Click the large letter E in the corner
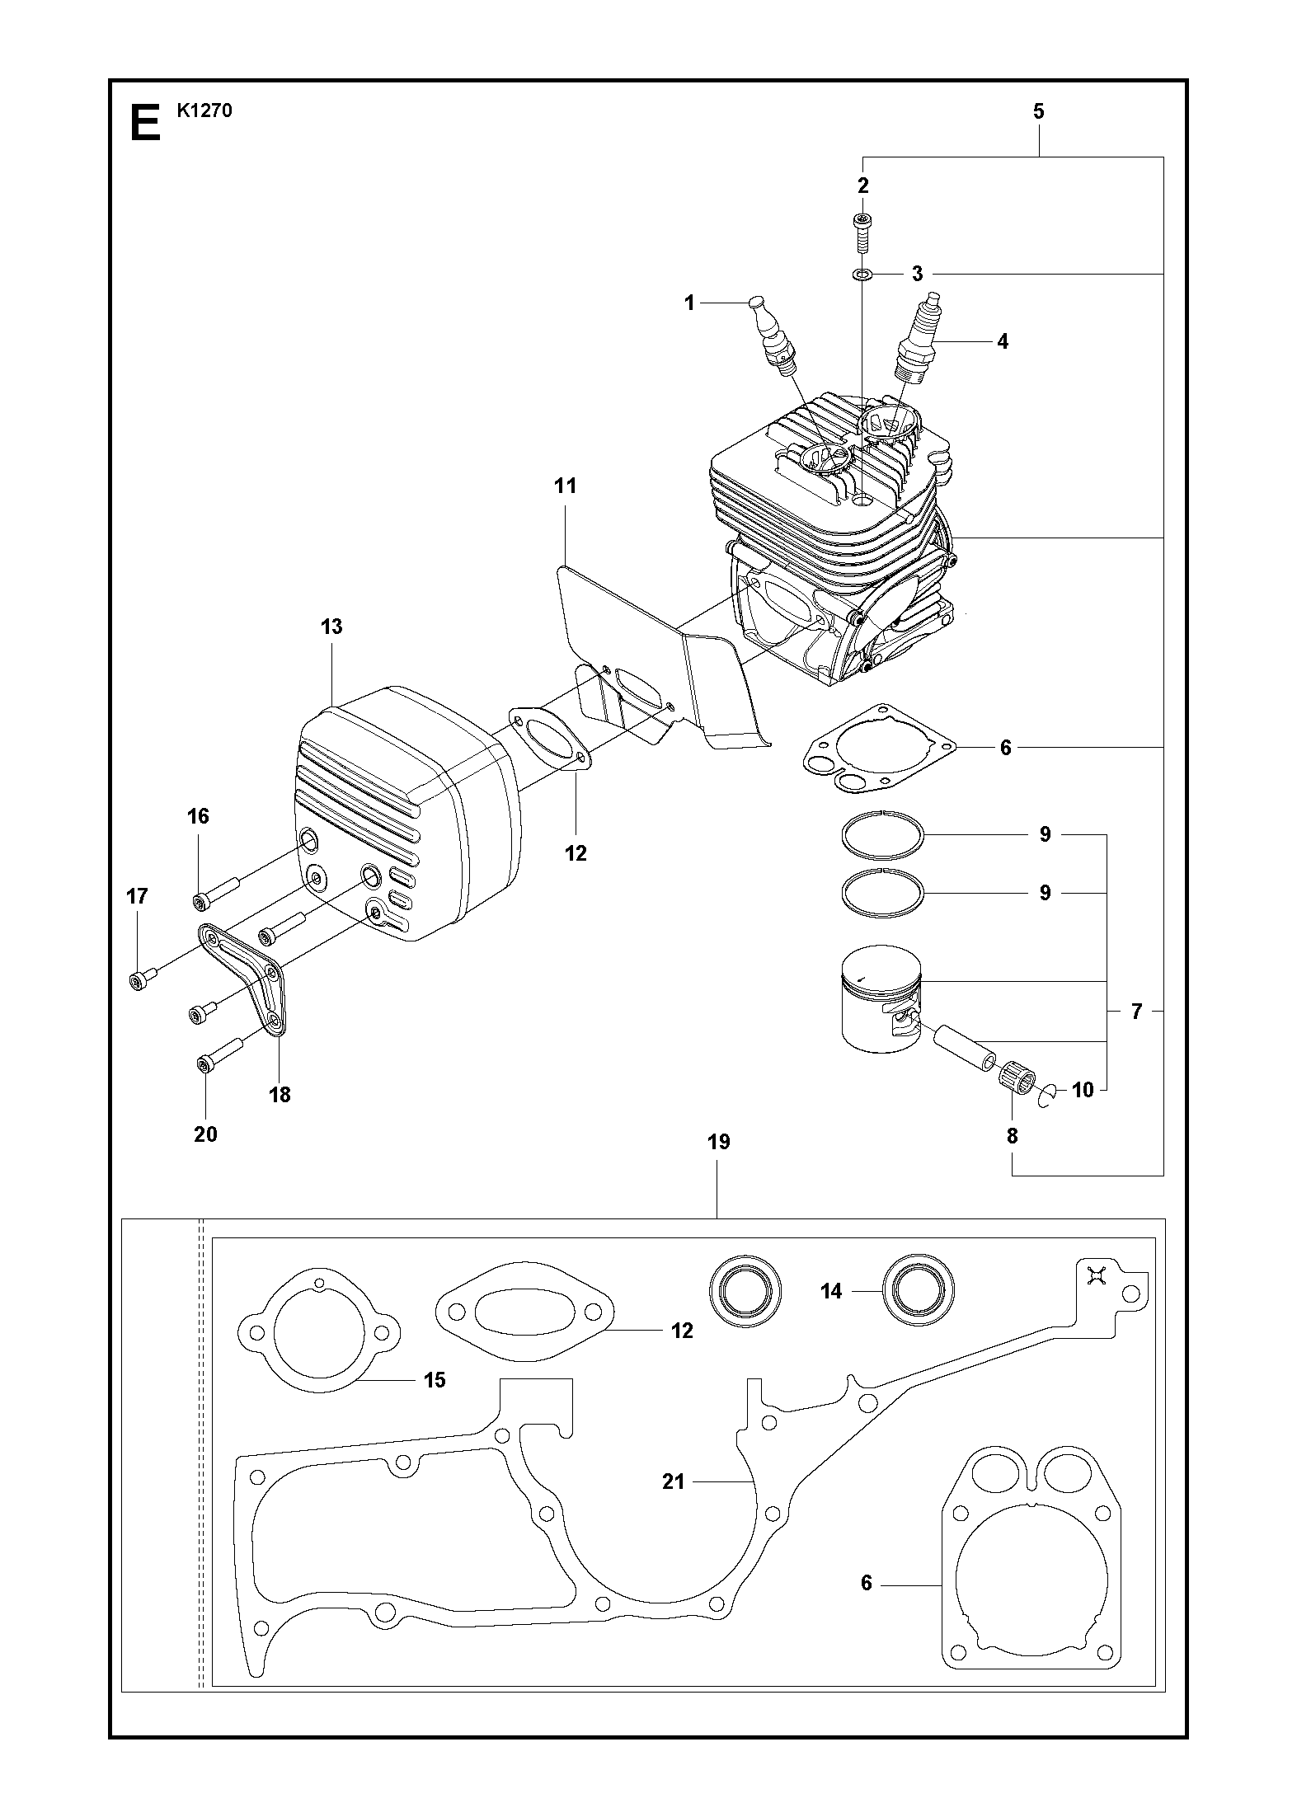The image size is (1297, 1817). click(144, 123)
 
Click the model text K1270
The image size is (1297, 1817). click(204, 110)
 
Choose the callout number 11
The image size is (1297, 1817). click(565, 486)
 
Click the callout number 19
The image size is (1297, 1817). click(718, 1143)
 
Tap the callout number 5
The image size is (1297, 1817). click(1038, 111)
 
